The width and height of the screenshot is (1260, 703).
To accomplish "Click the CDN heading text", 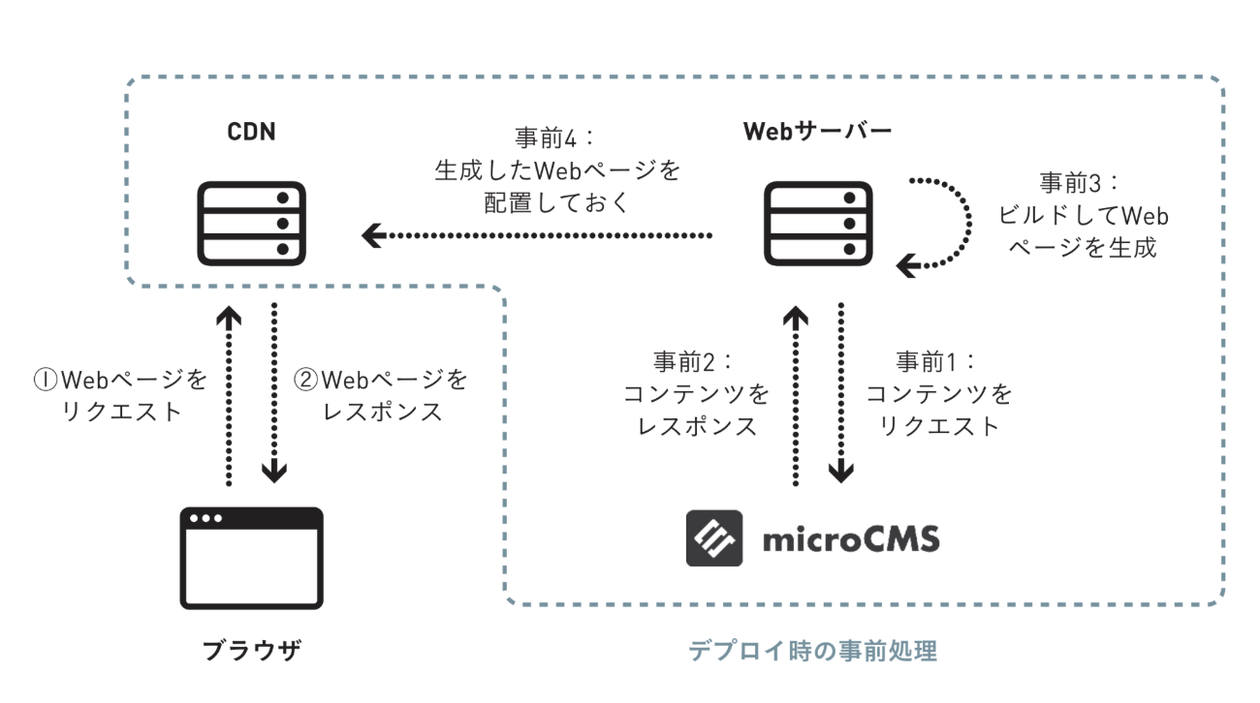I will click(x=251, y=131).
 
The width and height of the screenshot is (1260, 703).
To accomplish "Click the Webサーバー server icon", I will click(x=813, y=224).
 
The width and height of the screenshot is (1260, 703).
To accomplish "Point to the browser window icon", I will click(x=252, y=558).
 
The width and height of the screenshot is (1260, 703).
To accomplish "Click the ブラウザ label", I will click(x=252, y=651).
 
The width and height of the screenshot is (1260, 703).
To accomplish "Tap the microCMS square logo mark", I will click(x=714, y=537).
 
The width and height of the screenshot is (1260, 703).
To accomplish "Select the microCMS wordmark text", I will click(x=851, y=537).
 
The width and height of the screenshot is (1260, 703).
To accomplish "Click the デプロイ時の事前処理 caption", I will click(x=812, y=651).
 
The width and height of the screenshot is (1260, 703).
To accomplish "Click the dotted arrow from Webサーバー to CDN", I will click(x=539, y=234).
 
